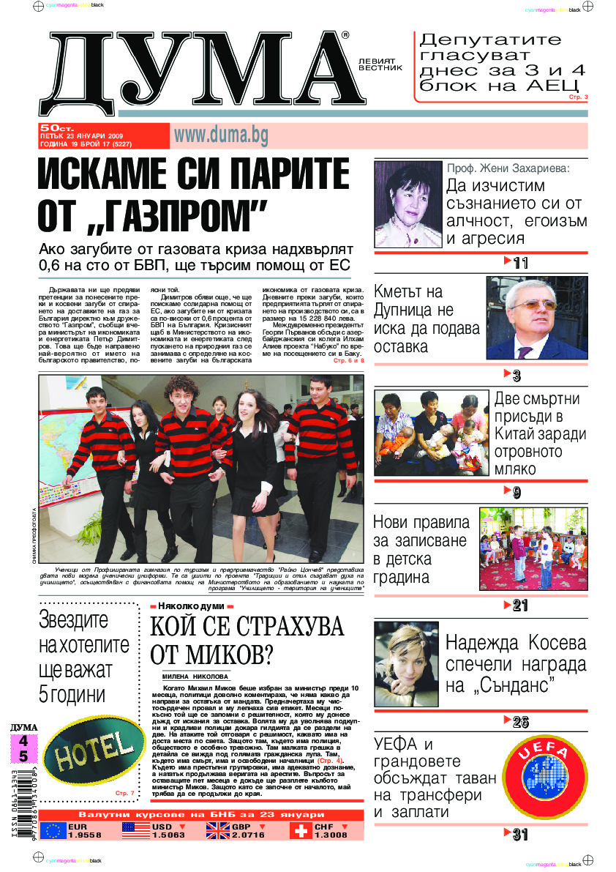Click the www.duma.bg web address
tap(220, 135)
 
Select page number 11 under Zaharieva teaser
tap(520, 263)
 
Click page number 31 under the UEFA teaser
tap(520, 834)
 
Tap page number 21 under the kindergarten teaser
tap(520, 605)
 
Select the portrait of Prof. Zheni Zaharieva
tap(407, 204)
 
